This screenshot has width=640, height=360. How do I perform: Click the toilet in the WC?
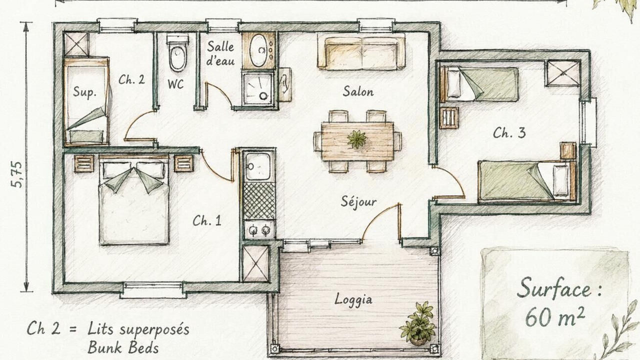point(177,53)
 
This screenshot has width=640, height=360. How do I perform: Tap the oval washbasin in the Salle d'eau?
point(258,50)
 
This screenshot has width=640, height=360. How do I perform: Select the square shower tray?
point(258,89)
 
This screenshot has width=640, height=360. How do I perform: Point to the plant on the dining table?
point(357,139)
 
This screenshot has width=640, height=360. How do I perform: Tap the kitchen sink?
point(258,166)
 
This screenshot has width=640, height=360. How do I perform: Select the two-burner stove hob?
point(259,229)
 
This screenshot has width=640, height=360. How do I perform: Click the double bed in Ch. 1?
point(134,200)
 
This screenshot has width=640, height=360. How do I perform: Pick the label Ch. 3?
point(509,133)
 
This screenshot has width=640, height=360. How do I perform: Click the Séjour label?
point(358,202)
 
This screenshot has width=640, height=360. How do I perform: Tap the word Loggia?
point(353,299)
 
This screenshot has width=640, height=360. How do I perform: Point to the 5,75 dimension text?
point(17,174)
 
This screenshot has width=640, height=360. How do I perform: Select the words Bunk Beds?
point(123,347)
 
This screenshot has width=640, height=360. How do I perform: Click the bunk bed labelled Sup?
point(86,101)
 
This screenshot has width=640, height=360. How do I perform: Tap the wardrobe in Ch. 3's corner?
point(562,73)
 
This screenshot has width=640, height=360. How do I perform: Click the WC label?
point(175,84)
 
